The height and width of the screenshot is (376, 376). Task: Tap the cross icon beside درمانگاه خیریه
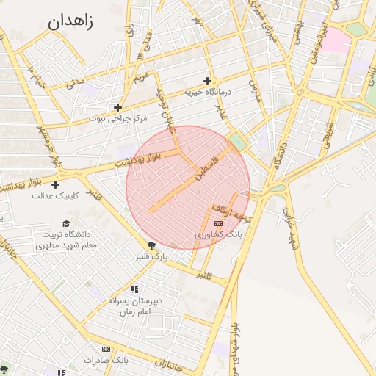point(208,81)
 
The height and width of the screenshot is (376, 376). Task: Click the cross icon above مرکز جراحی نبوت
point(117,107)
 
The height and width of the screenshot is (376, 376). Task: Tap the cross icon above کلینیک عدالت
point(55,184)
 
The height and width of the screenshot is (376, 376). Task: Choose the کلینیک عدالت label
point(54,195)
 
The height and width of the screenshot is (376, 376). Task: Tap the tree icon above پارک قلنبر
point(152,245)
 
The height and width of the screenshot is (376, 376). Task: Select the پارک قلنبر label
point(151,257)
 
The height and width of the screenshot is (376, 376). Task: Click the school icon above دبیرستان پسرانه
point(134,289)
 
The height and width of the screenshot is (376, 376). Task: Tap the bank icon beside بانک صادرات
point(106,349)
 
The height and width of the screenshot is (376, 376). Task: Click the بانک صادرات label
point(106,360)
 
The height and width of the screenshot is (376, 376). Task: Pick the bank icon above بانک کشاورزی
point(217,223)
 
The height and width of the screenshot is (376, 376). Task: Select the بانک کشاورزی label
point(217,234)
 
